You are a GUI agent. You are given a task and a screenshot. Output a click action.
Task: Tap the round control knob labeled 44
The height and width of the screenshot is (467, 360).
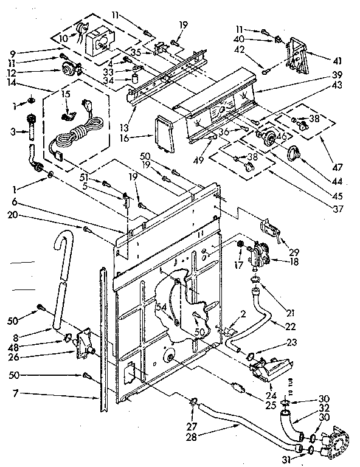pyautogui.click(x=297, y=153)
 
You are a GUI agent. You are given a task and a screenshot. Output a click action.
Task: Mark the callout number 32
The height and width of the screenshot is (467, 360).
pyautogui.click(x=324, y=409)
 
